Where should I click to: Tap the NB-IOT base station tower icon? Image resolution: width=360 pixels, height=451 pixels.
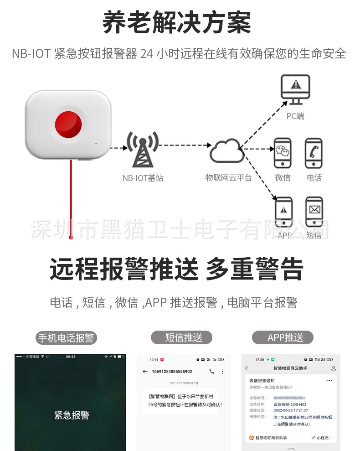[x=142, y=150]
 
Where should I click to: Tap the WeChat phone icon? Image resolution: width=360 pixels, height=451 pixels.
[x=283, y=153]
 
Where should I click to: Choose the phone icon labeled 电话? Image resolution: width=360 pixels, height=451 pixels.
[x=314, y=153]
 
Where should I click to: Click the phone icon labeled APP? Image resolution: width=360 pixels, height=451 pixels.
[x=284, y=212]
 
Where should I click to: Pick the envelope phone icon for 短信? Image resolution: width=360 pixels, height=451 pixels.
[x=314, y=212]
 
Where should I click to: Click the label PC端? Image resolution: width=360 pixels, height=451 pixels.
[x=295, y=116]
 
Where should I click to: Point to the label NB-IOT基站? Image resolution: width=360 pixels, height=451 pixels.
[x=143, y=178]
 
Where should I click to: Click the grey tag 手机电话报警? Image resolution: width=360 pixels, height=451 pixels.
[x=66, y=338]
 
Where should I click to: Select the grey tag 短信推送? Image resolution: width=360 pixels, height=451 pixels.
[x=182, y=337]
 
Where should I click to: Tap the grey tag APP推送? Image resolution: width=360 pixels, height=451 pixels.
[x=283, y=337]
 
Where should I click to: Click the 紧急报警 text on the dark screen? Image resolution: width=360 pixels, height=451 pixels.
[x=72, y=415]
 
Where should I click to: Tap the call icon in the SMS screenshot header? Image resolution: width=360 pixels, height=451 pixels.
[x=211, y=372]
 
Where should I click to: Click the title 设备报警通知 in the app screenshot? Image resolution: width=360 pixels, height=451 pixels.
[x=262, y=380]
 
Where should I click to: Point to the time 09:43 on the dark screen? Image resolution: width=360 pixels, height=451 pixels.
[x=71, y=356]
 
